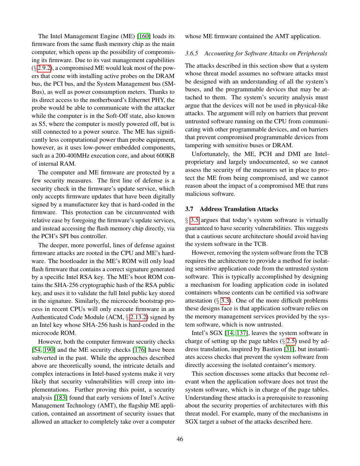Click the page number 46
pos(180,439)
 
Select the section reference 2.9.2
pos(44,68)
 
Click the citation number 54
pos(38,350)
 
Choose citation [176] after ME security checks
pos(140,350)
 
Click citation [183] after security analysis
pos(61,398)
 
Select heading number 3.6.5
pos(191,53)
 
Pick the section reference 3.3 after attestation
pos(225,301)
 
